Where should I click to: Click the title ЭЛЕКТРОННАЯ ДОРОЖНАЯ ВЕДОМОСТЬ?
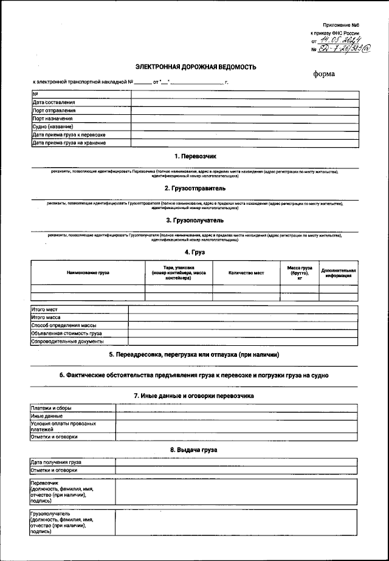195,67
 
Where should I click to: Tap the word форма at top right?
323,74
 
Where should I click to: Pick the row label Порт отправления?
54,111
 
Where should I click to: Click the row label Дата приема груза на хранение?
69,143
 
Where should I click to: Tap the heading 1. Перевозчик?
195,157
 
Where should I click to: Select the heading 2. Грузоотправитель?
195,188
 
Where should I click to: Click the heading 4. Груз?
195,252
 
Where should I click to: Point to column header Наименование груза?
88,273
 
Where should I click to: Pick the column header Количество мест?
246,273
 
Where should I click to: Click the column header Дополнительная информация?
339,273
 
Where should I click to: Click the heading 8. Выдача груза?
195,450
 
